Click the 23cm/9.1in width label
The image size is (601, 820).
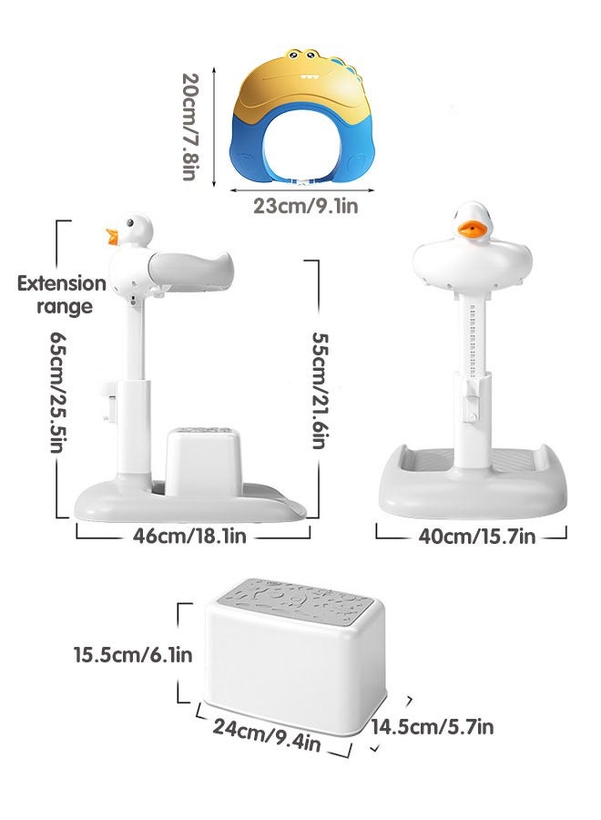coord(305,207)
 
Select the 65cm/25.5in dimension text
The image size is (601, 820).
coord(61,392)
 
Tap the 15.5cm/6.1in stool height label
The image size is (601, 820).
coord(133,654)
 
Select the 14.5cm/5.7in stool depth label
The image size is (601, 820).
coord(433,726)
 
